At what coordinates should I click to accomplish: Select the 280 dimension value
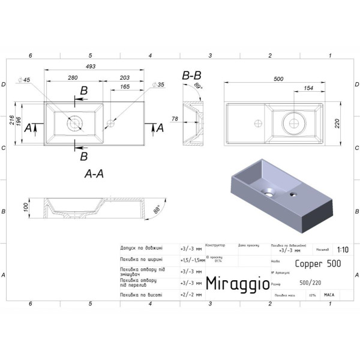(x=74, y=78)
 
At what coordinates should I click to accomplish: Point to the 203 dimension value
(x=125, y=78)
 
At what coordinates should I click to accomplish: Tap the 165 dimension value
(x=125, y=88)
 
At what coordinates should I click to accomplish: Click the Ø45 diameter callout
(x=24, y=80)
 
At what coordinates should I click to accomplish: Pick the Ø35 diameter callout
(x=158, y=85)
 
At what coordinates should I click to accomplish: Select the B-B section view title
(x=192, y=76)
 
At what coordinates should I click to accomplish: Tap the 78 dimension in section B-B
(x=175, y=119)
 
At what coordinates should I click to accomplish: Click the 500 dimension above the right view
(x=278, y=79)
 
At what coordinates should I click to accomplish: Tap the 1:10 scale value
(x=343, y=250)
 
